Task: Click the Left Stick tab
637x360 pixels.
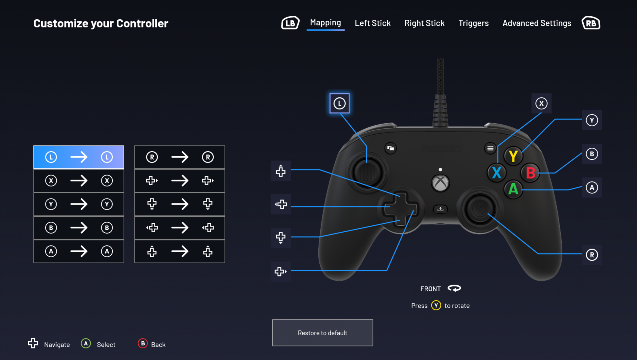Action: point(372,23)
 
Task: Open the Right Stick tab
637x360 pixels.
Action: point(424,23)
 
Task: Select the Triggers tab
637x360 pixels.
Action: point(473,23)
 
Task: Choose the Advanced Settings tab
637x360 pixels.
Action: point(537,23)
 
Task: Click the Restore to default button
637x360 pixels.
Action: point(323,333)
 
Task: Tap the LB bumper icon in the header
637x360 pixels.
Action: point(290,23)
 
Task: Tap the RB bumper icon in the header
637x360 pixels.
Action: point(591,23)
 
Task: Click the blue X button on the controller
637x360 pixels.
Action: point(496,173)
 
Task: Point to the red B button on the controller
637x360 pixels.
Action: point(530,173)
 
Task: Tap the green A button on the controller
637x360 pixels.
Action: point(513,189)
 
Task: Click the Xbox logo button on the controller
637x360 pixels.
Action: point(440,183)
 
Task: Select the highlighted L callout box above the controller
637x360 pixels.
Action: point(339,104)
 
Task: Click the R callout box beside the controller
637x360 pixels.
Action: point(592,255)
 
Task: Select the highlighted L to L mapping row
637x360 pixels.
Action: point(79,157)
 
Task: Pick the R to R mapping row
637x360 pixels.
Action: point(180,157)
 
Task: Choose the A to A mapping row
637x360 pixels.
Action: point(79,252)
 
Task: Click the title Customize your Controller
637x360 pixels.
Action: point(101,23)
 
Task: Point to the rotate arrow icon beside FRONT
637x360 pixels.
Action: point(454,288)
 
